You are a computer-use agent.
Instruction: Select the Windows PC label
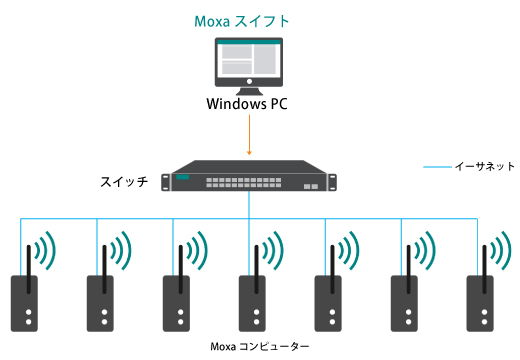coord(247,104)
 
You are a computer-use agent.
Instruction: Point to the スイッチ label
coord(125,182)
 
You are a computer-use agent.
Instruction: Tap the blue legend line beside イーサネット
coord(437,167)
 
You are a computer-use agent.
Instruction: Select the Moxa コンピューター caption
coord(260,346)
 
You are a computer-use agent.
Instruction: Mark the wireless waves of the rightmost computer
coord(502,250)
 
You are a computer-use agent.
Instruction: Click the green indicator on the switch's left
coord(182,179)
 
